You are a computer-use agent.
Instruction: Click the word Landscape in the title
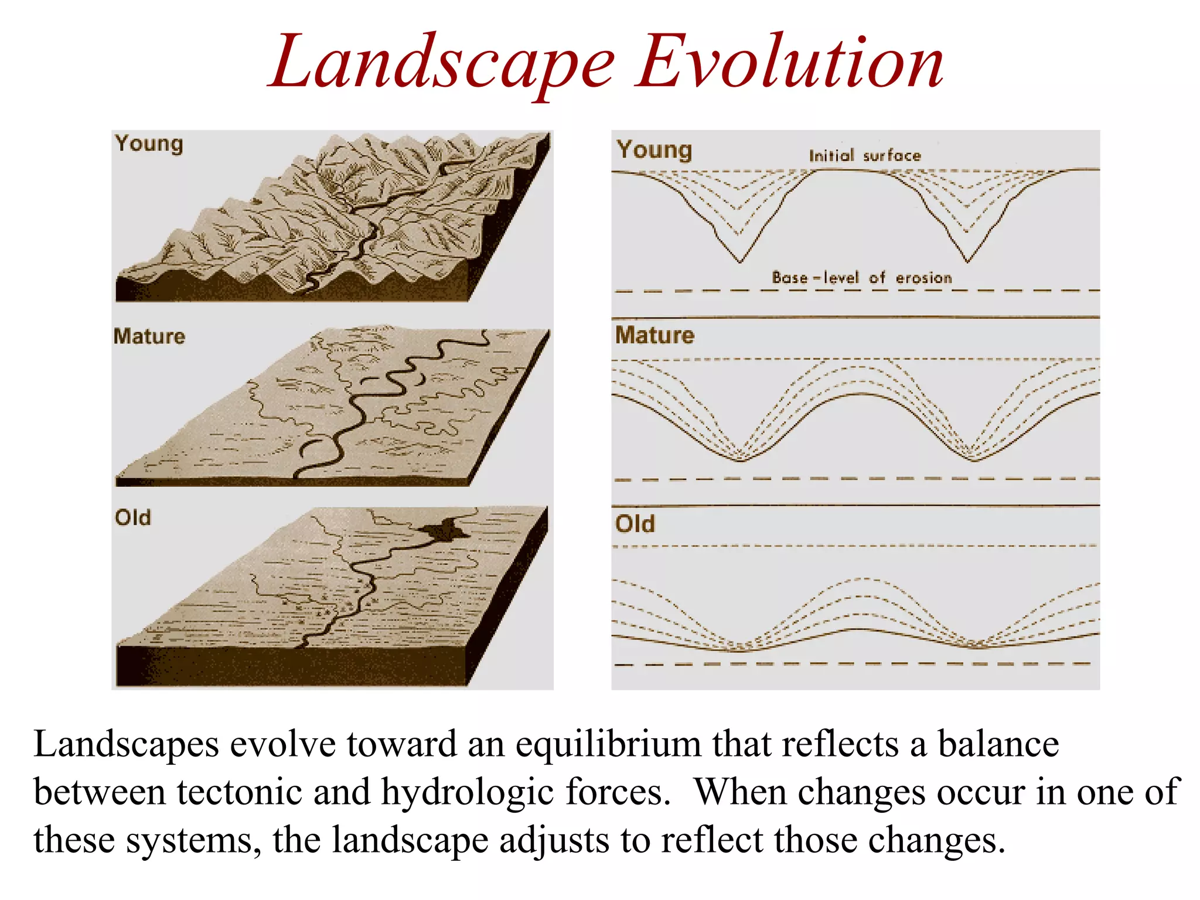442,63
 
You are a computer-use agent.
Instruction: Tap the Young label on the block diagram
149,144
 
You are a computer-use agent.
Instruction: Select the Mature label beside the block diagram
149,336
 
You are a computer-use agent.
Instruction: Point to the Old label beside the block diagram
133,517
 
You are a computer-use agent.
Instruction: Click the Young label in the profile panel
654,150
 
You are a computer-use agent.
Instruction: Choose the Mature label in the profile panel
654,335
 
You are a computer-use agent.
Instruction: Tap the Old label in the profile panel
635,523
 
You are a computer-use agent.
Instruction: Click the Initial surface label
865,155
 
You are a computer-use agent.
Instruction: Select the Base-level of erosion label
862,277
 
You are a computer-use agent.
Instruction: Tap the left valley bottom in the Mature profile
741,461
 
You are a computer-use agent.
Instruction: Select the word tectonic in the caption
239,792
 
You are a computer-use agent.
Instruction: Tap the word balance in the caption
998,744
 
